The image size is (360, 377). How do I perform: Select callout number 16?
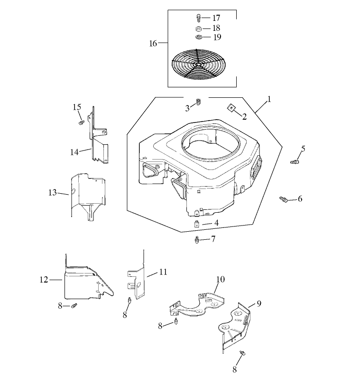(x=153, y=43)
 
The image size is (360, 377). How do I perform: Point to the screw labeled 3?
(x=199, y=102)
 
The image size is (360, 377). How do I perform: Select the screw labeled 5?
(x=295, y=162)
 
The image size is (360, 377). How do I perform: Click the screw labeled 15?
(x=81, y=122)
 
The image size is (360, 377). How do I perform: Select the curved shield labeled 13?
(x=88, y=195)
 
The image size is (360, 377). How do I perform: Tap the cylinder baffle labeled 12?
(x=85, y=285)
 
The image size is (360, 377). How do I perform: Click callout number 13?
(x=52, y=192)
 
